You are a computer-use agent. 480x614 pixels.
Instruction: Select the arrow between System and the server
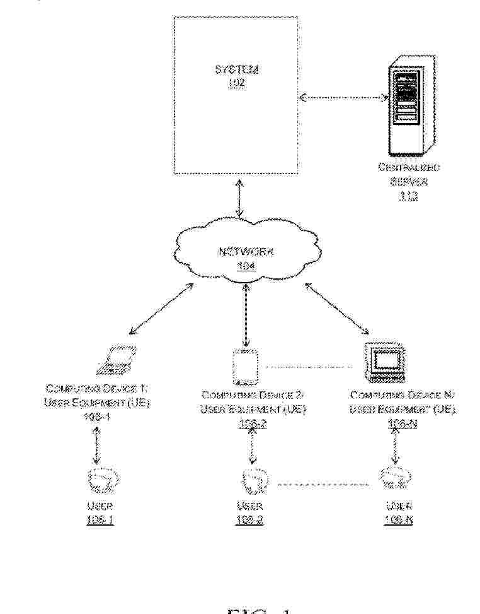pos(343,97)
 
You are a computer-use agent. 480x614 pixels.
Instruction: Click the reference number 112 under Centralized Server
pos(407,196)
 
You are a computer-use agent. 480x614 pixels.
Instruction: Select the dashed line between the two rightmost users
pos(323,485)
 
